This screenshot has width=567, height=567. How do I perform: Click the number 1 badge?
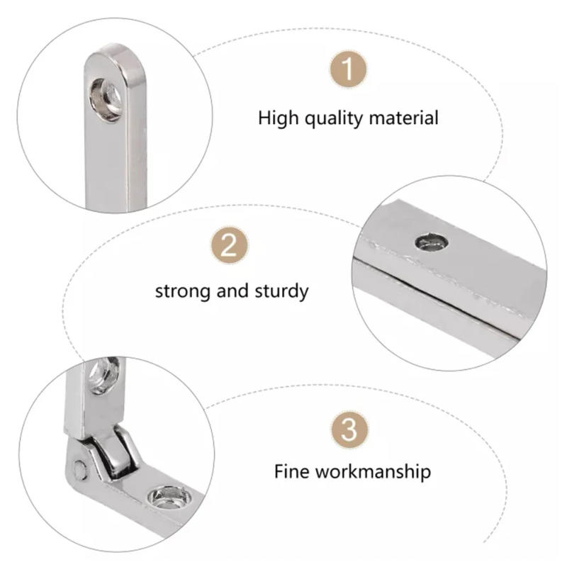(x=348, y=70)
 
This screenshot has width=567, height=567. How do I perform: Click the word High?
(x=279, y=118)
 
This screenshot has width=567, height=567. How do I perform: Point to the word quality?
(x=334, y=118)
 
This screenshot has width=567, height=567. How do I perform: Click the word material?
(x=402, y=118)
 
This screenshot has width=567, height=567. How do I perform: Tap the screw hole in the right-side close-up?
(x=432, y=243)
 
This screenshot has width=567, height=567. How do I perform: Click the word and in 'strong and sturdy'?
(x=235, y=291)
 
